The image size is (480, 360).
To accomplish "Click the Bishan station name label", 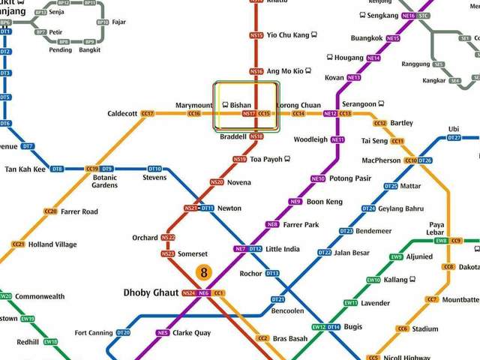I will pyautogui.click(x=241, y=106).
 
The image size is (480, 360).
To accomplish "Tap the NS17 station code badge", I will pyautogui.click(x=249, y=113).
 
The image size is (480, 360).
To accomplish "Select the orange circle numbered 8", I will pyautogui.click(x=203, y=272).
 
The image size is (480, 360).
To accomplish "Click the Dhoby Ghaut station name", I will pyautogui.click(x=151, y=292).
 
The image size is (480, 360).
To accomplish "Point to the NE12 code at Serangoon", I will pyautogui.click(x=330, y=113).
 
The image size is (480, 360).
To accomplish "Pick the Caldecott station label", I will pyautogui.click(x=122, y=113).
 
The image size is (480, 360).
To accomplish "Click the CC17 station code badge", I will pyautogui.click(x=147, y=113).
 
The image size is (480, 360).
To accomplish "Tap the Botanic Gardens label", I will pyautogui.click(x=105, y=181).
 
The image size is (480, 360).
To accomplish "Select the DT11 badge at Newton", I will pyautogui.click(x=207, y=208).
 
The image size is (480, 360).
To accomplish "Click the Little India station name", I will pyautogui.click(x=283, y=249).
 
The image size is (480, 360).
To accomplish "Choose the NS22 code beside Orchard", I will pyautogui.click(x=168, y=238).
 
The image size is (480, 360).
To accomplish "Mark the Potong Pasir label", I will pyautogui.click(x=350, y=178).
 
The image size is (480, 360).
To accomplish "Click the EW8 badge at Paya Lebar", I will pyautogui.click(x=441, y=240).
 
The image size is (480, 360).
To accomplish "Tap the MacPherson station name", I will pyautogui.click(x=381, y=160).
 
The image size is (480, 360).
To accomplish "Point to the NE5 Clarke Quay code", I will pyautogui.click(x=163, y=333).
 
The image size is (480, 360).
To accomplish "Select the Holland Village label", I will pyautogui.click(x=52, y=244).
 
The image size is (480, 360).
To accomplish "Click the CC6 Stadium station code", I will pyautogui.click(x=403, y=328).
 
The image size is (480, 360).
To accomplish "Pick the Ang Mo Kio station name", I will pyautogui.click(x=285, y=71).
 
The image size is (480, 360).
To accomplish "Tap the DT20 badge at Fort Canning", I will pyautogui.click(x=124, y=332).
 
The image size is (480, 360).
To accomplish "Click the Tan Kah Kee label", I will pyautogui.click(x=25, y=169).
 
